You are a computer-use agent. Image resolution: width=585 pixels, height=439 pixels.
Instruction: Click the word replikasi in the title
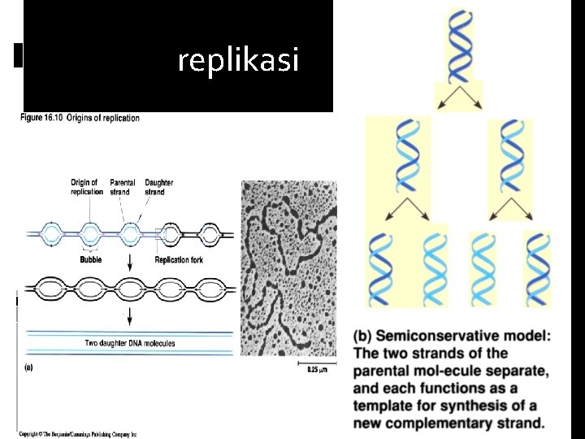238,59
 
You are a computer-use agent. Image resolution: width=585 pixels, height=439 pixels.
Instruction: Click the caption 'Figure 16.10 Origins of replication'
80,118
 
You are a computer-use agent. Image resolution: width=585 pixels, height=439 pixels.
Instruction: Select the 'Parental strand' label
122,187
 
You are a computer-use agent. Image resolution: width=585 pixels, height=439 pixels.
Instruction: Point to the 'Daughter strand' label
158,187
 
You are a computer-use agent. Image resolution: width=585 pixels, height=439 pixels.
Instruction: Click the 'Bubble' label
91,260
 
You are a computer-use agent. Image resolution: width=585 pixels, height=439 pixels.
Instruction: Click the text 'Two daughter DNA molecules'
130,343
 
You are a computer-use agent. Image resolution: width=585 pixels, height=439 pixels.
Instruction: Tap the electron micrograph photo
288,268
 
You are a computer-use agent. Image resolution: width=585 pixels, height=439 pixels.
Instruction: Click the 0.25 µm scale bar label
317,369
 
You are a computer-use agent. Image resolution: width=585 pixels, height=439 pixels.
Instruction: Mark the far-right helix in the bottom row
537,267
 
